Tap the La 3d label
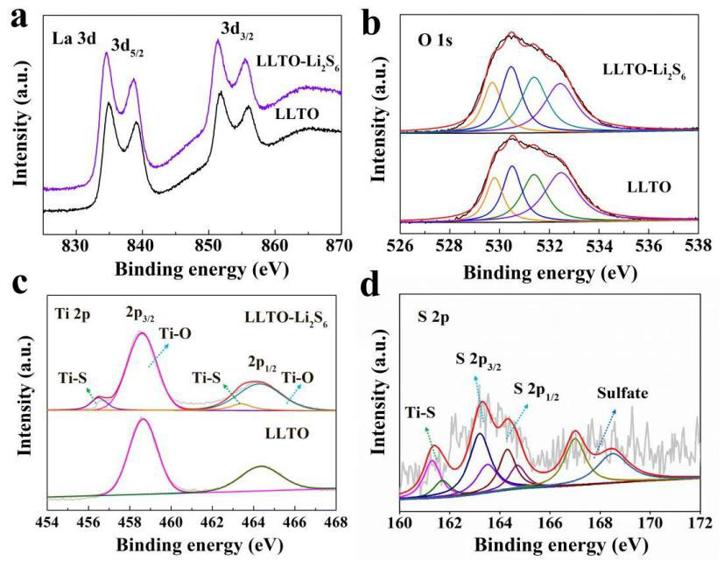pyautogui.click(x=74, y=38)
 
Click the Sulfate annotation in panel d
pyautogui.click(x=622, y=393)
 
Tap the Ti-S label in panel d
pyautogui.click(x=420, y=412)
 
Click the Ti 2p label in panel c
pyautogui.click(x=72, y=316)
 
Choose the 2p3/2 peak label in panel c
pyautogui.click(x=140, y=314)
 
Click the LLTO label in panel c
pyautogui.click(x=287, y=434)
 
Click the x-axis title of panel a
pyautogui.click(x=201, y=269)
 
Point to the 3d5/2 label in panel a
pyautogui.click(x=127, y=47)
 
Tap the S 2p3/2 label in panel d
pyautogui.click(x=478, y=362)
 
